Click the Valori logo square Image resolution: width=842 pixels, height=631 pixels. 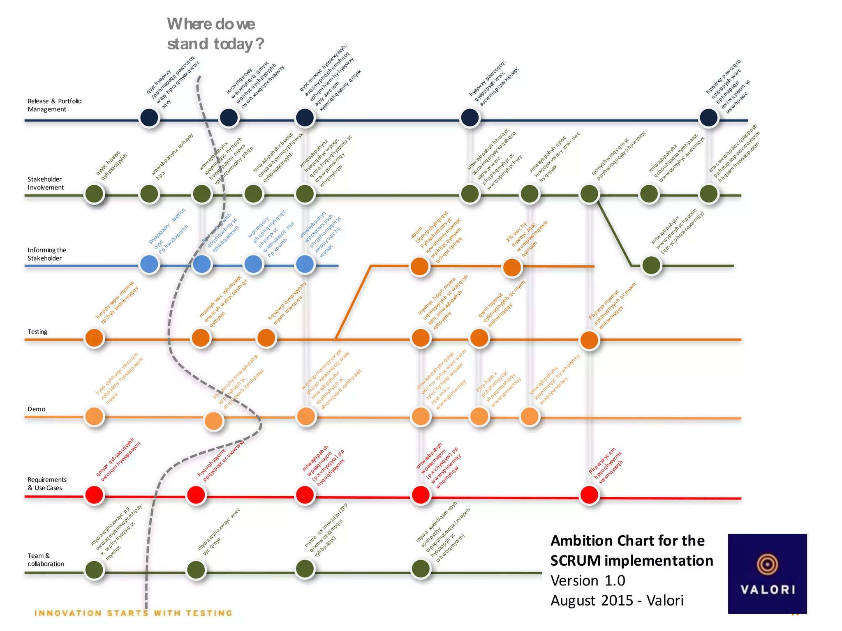pyautogui.click(x=767, y=573)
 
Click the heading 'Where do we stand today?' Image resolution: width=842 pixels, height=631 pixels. pyautogui.click(x=215, y=34)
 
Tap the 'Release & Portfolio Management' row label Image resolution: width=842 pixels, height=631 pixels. pyautogui.click(x=54, y=105)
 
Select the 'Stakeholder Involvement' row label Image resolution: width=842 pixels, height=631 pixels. pyautogui.click(x=46, y=183)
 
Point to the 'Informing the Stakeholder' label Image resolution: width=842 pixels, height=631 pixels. pyautogui.click(x=46, y=254)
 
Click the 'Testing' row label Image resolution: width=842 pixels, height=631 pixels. pyautogui.click(x=37, y=332)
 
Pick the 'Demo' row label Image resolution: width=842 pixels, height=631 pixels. pyautogui.click(x=36, y=409)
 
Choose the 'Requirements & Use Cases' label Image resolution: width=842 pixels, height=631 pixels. pyautogui.click(x=47, y=484)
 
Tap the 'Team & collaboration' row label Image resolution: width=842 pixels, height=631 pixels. pyautogui.click(x=46, y=560)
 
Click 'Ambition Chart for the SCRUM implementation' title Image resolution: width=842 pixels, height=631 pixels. pyautogui.click(x=631, y=550)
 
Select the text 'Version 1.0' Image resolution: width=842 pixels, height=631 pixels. pyautogui.click(x=588, y=580)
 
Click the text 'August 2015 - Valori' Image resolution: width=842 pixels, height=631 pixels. pyautogui.click(x=617, y=600)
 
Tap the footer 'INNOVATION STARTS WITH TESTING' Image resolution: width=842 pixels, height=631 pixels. pyautogui.click(x=134, y=613)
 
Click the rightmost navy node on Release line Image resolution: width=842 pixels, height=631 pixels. pyautogui.click(x=708, y=117)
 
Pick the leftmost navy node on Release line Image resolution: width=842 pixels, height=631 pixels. pyautogui.click(x=149, y=117)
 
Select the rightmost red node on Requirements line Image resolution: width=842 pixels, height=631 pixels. pyautogui.click(x=589, y=495)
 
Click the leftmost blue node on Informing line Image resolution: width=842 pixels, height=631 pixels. pyautogui.click(x=149, y=264)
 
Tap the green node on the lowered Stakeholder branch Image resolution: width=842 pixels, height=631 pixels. pyautogui.click(x=651, y=265)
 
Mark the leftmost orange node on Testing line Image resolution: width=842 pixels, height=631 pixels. pyautogui.click(x=94, y=338)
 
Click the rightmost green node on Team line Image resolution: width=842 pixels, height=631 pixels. pyautogui.click(x=421, y=569)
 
